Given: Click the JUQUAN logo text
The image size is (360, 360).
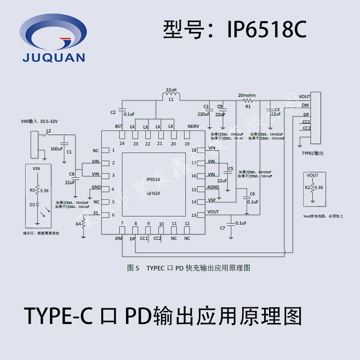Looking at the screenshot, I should pos(54,57).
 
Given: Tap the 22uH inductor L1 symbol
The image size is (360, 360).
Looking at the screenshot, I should pos(171,95).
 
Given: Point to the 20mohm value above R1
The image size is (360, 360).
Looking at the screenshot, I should pos(247,95).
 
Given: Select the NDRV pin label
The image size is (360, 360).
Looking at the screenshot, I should pos(193,126).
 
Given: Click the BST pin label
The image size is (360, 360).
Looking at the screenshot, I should pos(119,126).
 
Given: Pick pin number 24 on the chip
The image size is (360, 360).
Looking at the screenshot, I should pos(122,144).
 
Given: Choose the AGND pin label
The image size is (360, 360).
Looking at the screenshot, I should pos(213,187).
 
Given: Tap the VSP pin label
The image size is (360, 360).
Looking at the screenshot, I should pos(211,200).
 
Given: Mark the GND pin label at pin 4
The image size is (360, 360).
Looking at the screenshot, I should pos(96,187).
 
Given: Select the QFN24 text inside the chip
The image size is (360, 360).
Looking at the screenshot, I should pos(153,193).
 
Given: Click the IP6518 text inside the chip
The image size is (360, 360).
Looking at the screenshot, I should pos(153,179).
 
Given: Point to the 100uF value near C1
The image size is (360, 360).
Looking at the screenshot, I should pos(57,148).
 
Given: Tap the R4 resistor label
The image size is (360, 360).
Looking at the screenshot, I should pos(78,224).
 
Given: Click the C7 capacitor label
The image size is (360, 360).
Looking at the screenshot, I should pos(222,228).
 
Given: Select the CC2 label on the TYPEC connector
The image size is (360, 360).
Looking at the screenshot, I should pos(306,128).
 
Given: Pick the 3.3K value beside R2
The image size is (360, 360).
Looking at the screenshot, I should pos(319,187).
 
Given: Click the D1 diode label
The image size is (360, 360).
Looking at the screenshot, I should pos(32,205).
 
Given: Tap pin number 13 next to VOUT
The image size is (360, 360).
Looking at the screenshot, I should pos(194,215).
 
